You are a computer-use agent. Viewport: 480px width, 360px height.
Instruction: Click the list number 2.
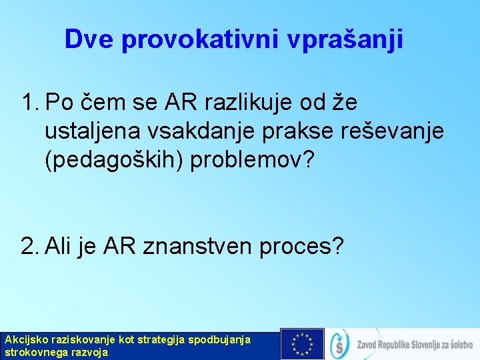[x=29, y=247]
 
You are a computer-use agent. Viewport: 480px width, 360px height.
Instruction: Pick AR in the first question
[x=175, y=104]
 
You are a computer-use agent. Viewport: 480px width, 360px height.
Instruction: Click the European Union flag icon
[x=302, y=344]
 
